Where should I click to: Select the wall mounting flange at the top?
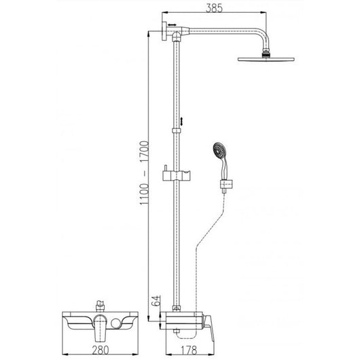164,32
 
